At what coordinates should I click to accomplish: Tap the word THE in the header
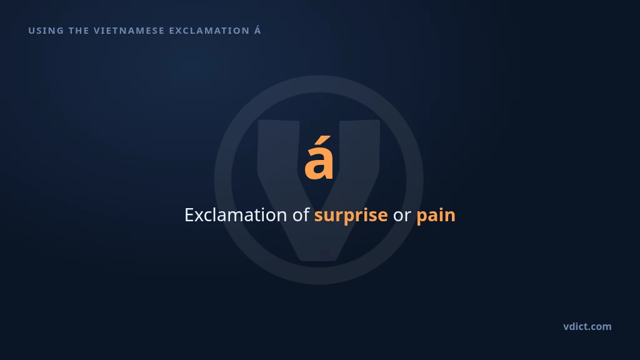click(x=79, y=31)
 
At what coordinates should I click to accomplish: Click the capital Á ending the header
click(x=257, y=30)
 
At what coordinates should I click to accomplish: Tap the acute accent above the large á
click(x=324, y=141)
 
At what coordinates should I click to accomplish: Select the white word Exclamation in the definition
click(x=236, y=215)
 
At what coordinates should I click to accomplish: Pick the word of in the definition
click(x=301, y=214)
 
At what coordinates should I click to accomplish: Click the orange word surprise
click(x=351, y=216)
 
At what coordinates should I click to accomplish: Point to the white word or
click(x=402, y=216)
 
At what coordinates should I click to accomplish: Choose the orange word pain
click(x=436, y=216)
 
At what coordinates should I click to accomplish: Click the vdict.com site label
click(x=587, y=326)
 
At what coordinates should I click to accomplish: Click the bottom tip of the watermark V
click(x=318, y=259)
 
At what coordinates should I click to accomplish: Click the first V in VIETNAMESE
click(x=97, y=31)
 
